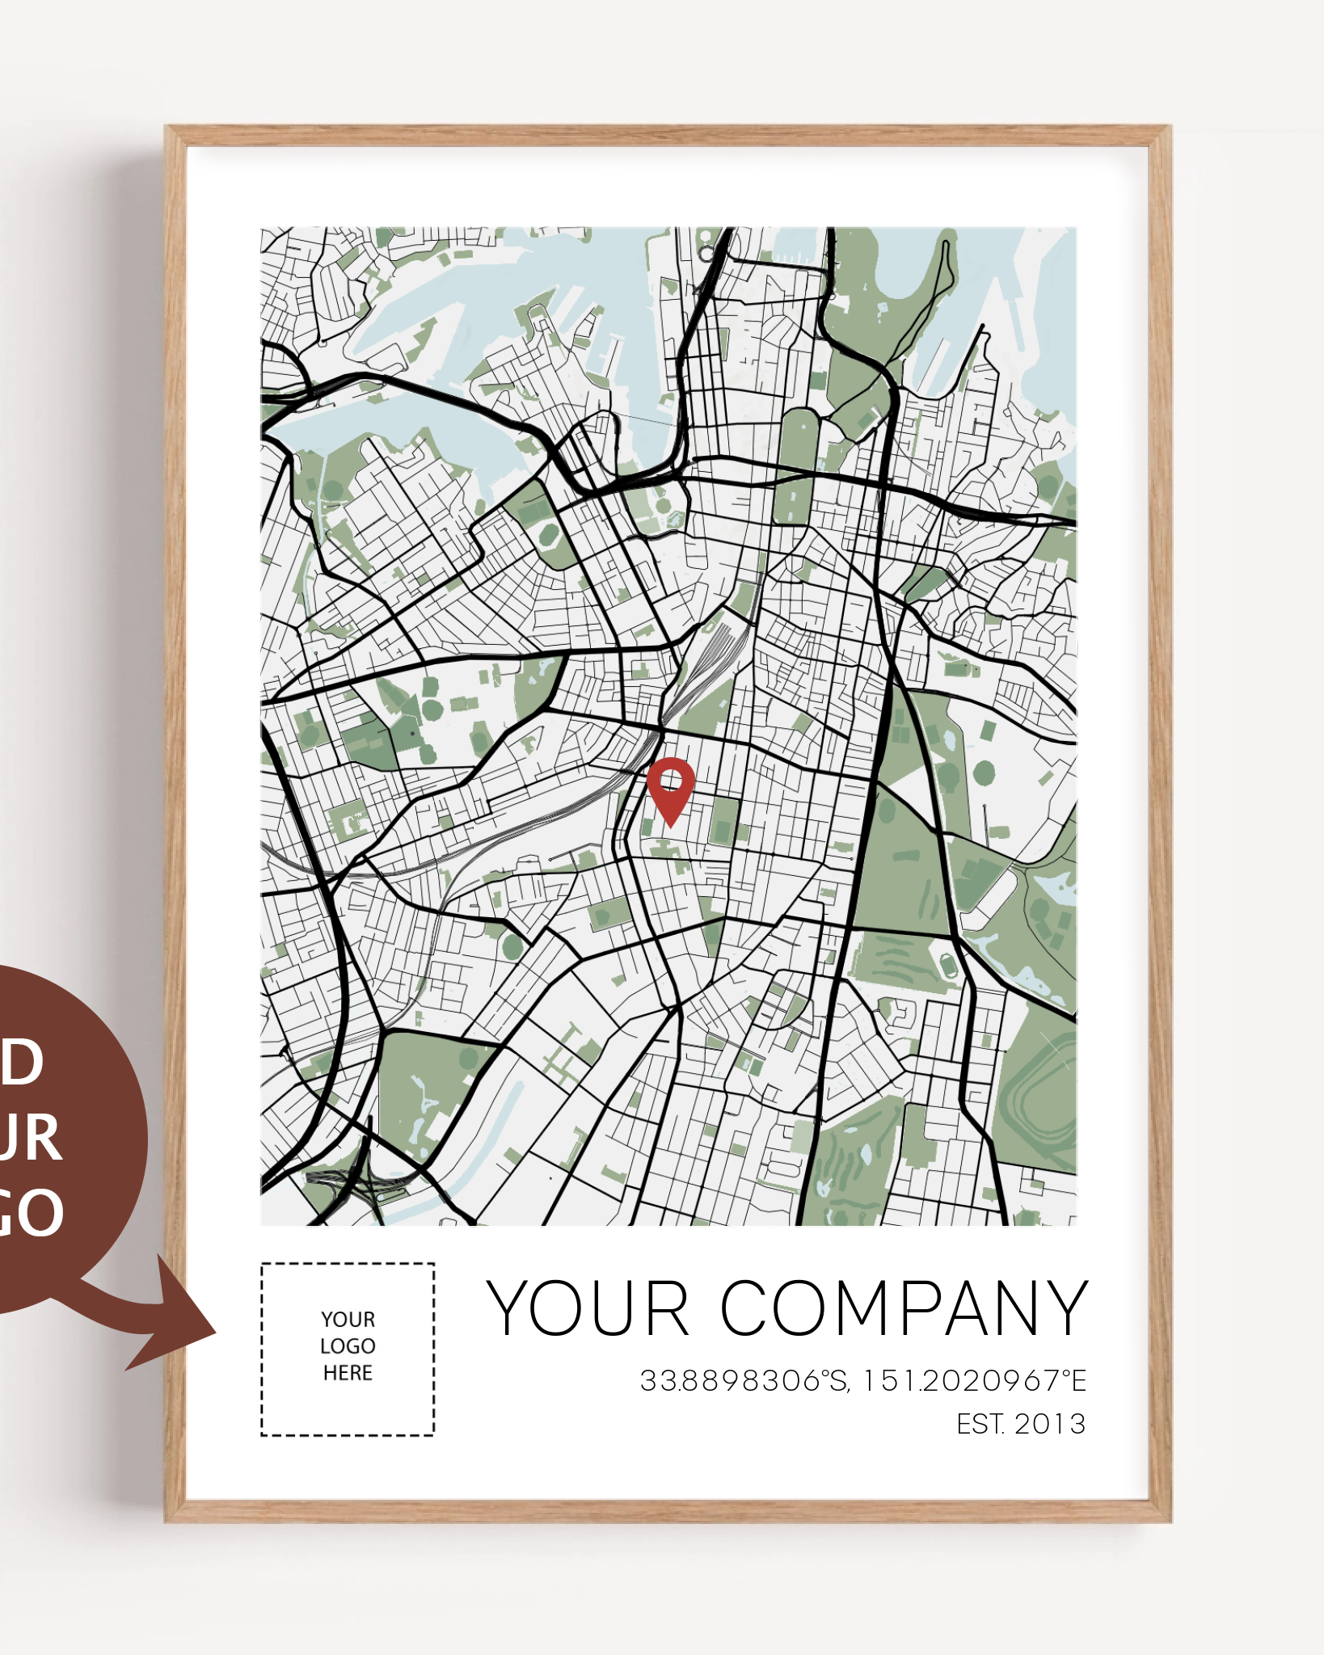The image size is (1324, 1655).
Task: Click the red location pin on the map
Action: pos(671,792)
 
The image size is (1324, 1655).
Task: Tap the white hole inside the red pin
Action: pos(671,781)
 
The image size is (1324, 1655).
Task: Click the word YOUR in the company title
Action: pos(588,1308)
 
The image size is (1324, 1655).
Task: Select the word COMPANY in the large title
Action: pos(904,1308)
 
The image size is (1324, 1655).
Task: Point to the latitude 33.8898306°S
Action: pos(744,1381)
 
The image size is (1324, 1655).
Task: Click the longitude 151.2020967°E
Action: pos(974,1381)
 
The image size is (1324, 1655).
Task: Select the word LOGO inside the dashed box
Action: pos(348,1346)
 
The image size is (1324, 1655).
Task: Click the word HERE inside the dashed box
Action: pos(348,1373)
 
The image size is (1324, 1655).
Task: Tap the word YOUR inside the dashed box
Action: pos(348,1320)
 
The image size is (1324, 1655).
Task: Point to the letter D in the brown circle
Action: pos(23,1062)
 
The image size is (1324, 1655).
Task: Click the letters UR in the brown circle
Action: pos(31,1138)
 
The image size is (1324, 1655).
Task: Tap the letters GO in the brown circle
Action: pos(32,1212)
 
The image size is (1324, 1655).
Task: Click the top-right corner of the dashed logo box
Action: pos(433,1265)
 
